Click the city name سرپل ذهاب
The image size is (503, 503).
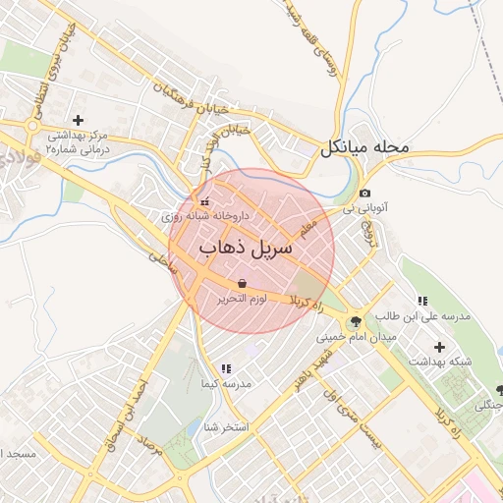pyautogui.click(x=246, y=248)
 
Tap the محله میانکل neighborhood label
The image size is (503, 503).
pyautogui.click(x=363, y=148)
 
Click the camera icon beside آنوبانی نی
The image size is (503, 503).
pyautogui.click(x=365, y=194)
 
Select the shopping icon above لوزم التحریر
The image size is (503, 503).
pyautogui.click(x=243, y=283)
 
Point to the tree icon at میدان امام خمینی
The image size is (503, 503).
pyautogui.click(x=355, y=321)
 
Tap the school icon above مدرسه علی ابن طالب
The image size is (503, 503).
pyautogui.click(x=422, y=301)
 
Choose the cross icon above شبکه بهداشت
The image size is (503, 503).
pyautogui.click(x=439, y=347)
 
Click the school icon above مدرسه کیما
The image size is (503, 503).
pyautogui.click(x=226, y=368)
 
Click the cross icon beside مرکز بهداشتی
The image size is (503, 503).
pyautogui.click(x=78, y=119)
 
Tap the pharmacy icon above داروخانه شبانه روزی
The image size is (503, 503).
pyautogui.click(x=204, y=199)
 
